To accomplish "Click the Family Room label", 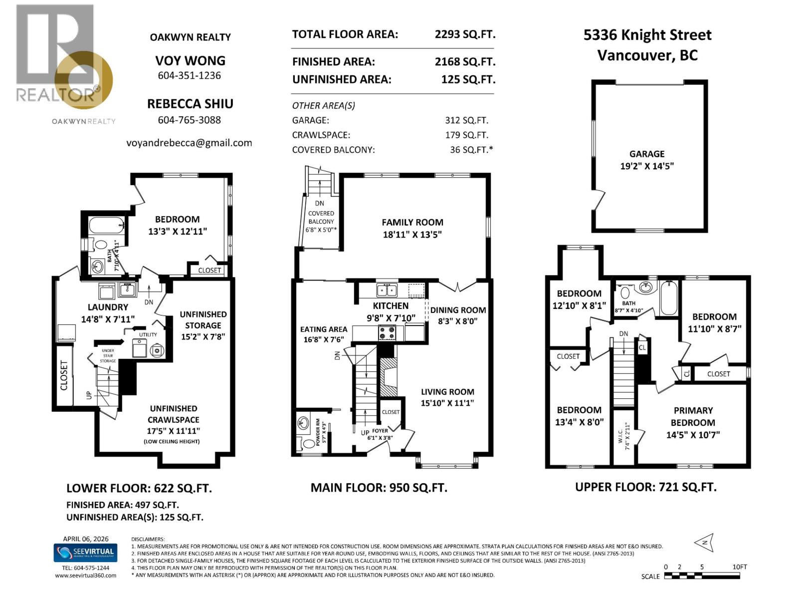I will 412,223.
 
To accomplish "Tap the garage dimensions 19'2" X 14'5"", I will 647,166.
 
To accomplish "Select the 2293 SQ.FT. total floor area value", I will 465,34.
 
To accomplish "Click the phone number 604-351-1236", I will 190,76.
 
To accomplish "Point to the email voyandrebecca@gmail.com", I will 189,143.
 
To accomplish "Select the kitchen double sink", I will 387,290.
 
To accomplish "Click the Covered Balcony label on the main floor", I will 321,217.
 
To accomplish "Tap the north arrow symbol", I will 704,543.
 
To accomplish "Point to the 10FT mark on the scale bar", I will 740,567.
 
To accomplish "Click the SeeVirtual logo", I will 85,553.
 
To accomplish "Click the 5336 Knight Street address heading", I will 647,35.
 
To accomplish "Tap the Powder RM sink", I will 303,424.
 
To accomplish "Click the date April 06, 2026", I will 85,539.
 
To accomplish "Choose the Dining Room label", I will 458,310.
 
